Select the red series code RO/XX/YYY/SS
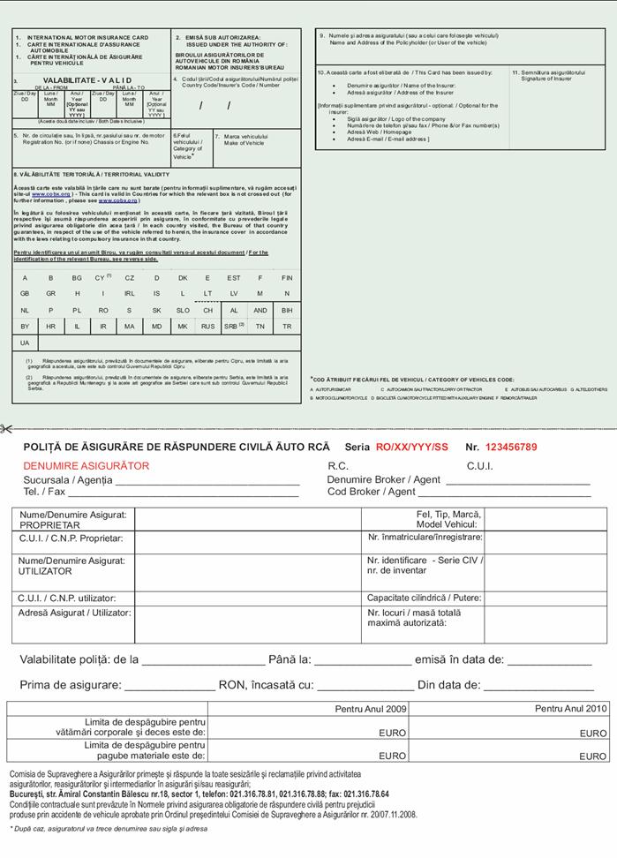coord(412,448)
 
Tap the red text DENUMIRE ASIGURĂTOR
coord(87,466)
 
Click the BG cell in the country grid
coord(77,277)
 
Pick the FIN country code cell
coord(287,277)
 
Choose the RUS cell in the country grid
coord(207,326)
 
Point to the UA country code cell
coord(25,342)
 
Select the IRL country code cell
coord(130,293)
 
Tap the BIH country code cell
coord(287,310)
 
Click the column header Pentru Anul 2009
coord(371,708)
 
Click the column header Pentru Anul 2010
coord(571,708)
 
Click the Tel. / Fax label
coord(44,492)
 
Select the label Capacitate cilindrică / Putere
coord(424,598)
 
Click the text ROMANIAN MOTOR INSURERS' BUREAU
coord(229,67)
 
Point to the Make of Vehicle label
coord(245,142)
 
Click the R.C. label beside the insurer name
coord(338,466)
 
